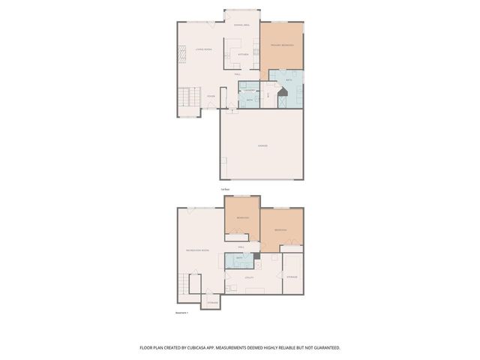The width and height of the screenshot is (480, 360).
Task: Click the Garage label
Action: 263,145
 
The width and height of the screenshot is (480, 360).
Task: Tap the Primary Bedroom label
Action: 282,46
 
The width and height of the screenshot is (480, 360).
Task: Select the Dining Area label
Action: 241,26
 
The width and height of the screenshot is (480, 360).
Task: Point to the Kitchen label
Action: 242,55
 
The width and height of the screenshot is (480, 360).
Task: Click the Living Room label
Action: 205,49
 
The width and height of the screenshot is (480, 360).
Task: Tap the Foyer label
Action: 211,97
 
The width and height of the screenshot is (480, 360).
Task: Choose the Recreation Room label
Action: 197,250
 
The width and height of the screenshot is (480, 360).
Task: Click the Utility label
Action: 250,277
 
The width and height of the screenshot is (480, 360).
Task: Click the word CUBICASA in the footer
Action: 216,348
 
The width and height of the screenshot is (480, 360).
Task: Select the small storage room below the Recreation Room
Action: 213,301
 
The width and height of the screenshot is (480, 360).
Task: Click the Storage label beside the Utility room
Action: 292,277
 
